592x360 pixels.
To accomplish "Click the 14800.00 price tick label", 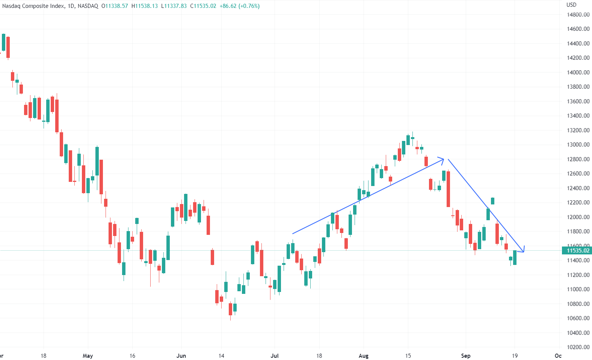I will click(578, 15).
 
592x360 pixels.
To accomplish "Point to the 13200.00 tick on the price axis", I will click(578, 130).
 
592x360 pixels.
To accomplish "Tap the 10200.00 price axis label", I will click(578, 347).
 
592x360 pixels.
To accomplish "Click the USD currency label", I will click(571, 5).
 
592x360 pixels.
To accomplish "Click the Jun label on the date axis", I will click(181, 356).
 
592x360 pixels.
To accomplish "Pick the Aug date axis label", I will click(364, 356).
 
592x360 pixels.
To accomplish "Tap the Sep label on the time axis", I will click(465, 356).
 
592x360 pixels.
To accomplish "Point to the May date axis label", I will click(88, 356).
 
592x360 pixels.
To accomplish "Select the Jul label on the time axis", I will click(275, 356).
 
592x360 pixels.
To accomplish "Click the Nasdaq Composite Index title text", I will click(33, 6).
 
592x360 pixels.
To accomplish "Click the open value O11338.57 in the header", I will click(115, 6).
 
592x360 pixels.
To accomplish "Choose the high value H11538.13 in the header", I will click(145, 6).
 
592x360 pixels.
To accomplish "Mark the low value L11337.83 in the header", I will click(174, 6).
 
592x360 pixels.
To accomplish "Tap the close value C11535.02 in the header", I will click(203, 6).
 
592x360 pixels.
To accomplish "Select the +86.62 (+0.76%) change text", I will click(240, 6).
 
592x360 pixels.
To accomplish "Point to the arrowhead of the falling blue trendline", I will click(523, 251).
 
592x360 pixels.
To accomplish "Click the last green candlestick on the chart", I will click(515, 257).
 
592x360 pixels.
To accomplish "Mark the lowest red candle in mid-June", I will click(230, 309).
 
